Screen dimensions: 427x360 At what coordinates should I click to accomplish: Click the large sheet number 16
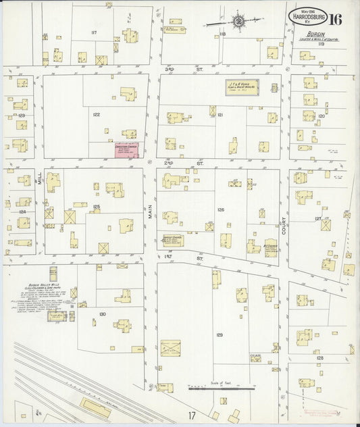335,18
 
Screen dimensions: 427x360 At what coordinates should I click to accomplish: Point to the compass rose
238,22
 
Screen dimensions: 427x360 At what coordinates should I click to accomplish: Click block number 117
94,32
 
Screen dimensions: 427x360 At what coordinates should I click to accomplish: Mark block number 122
97,115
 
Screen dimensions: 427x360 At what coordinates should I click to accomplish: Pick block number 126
220,210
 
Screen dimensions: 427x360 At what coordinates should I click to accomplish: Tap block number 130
102,314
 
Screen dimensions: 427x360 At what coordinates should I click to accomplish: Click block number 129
220,335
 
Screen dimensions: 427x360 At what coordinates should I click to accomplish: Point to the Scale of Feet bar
221,388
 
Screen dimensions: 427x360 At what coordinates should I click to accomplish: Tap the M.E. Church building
271,247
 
